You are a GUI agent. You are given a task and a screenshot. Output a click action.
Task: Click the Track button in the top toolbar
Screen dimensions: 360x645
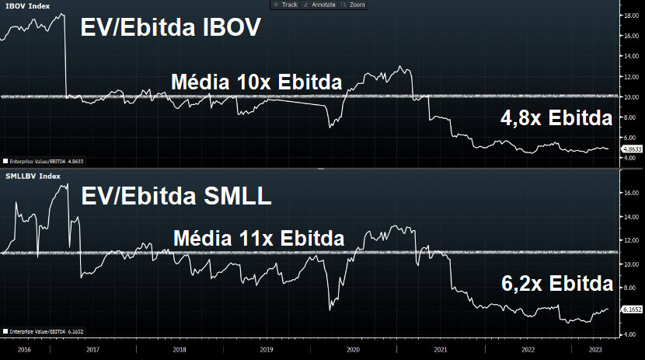(x=287, y=5)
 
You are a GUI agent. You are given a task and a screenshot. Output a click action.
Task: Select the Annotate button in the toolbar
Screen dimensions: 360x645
(x=319, y=5)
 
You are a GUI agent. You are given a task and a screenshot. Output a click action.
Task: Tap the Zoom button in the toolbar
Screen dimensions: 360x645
(x=354, y=5)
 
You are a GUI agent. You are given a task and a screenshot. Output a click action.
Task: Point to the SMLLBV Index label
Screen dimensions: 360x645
(x=32, y=176)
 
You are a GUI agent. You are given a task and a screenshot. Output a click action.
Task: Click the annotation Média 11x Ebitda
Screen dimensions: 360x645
(x=259, y=238)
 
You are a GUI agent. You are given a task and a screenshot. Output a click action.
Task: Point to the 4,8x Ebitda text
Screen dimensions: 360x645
(x=556, y=118)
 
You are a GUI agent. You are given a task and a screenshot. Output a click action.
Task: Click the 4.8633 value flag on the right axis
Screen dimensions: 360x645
(x=631, y=148)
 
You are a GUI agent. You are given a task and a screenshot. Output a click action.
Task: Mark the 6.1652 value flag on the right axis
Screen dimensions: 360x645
(x=631, y=309)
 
